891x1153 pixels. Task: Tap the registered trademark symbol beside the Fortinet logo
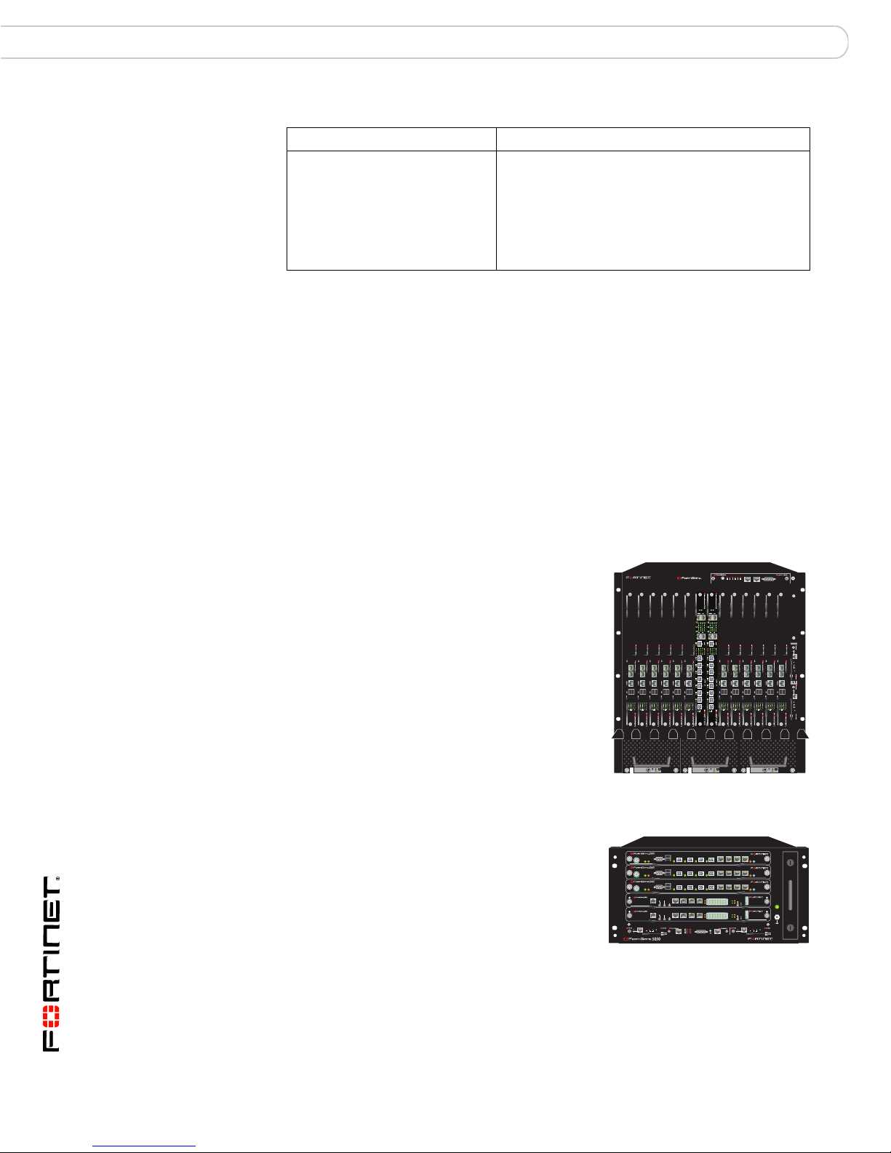pyautogui.click(x=57, y=879)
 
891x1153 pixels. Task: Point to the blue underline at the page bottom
pyautogui.click(x=145, y=1146)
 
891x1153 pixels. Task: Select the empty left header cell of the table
pyautogui.click(x=391, y=139)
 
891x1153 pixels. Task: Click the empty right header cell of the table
pyautogui.click(x=652, y=139)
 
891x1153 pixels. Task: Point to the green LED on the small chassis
pyautogui.click(x=778, y=906)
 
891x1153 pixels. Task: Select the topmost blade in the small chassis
pyautogui.click(x=698, y=858)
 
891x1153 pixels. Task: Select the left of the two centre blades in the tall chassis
pyautogui.click(x=699, y=662)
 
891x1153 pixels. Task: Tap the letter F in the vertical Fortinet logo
pyautogui.click(x=52, y=1042)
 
